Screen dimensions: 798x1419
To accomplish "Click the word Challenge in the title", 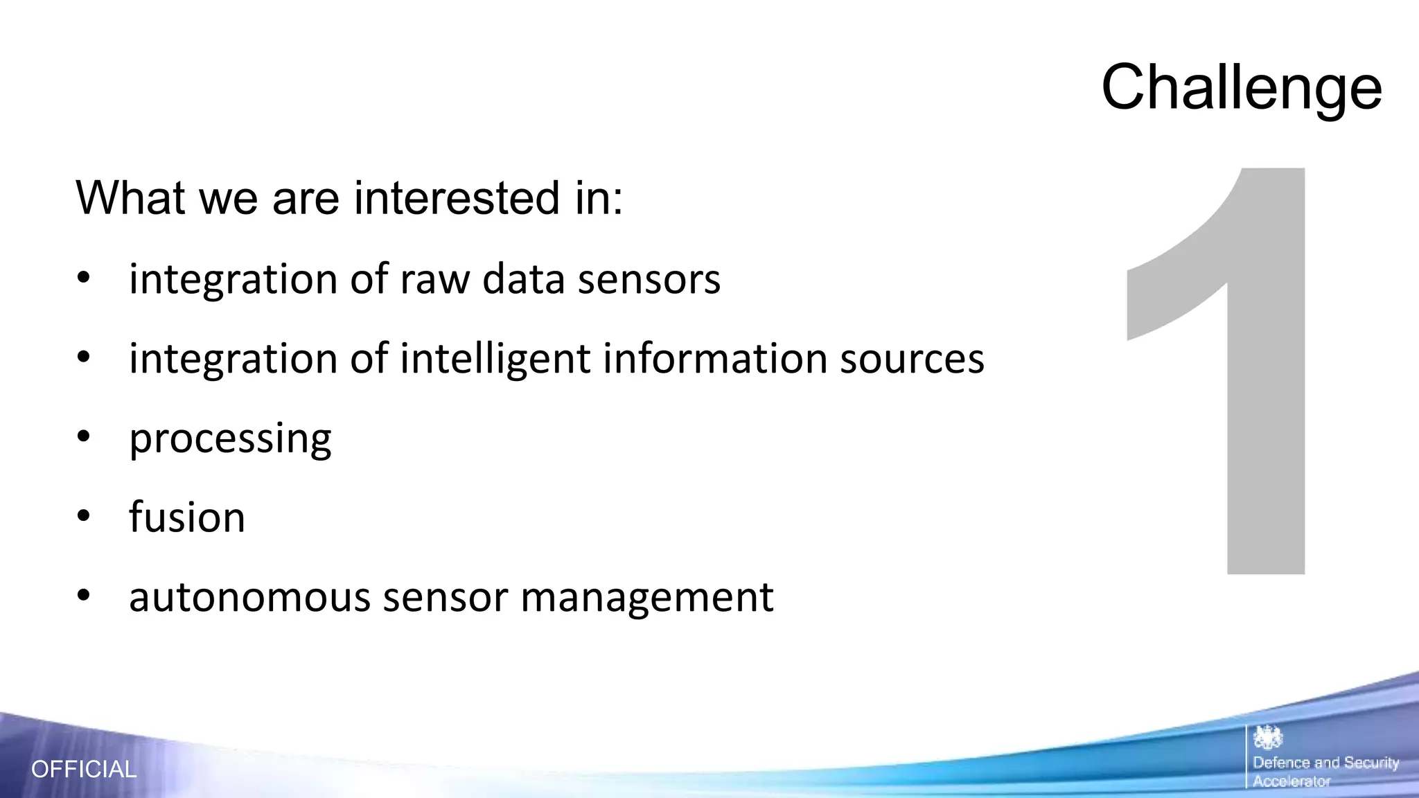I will click(1241, 88).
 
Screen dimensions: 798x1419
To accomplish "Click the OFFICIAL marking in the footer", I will click(84, 769).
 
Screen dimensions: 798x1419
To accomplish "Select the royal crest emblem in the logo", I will click(1268, 738).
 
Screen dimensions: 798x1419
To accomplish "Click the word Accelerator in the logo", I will click(1292, 781).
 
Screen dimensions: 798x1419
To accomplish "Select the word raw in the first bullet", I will click(435, 279).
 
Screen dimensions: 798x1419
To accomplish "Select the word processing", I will click(230, 439).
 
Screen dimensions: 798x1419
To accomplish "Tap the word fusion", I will click(187, 517).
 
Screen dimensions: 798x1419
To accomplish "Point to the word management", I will click(646, 597).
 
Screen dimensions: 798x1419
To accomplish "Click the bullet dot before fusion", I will click(84, 517).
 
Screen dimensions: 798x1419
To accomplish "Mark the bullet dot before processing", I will click(84, 437).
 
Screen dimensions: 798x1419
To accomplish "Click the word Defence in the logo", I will click(1281, 763).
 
